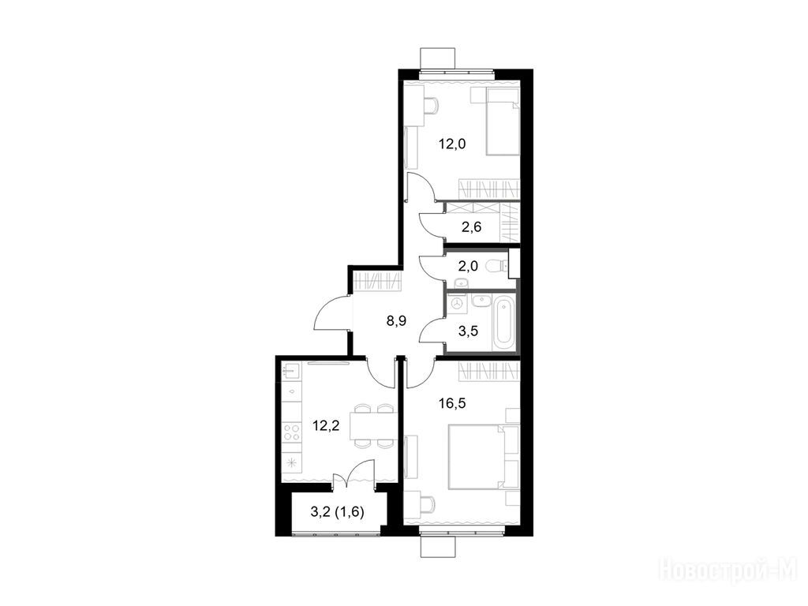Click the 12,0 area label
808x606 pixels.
452,144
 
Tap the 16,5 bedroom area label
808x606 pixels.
452,403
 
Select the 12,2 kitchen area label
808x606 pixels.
326,426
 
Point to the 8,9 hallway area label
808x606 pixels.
396,322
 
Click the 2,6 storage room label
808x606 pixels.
471,226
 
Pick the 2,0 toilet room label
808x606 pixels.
468,267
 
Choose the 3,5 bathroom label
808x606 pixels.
468,331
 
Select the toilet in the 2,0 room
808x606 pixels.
496,266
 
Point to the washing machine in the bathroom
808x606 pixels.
457,304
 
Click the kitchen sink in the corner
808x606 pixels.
291,370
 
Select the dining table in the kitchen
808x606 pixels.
372,426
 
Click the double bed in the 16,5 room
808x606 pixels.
477,456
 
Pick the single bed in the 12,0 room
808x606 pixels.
503,122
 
